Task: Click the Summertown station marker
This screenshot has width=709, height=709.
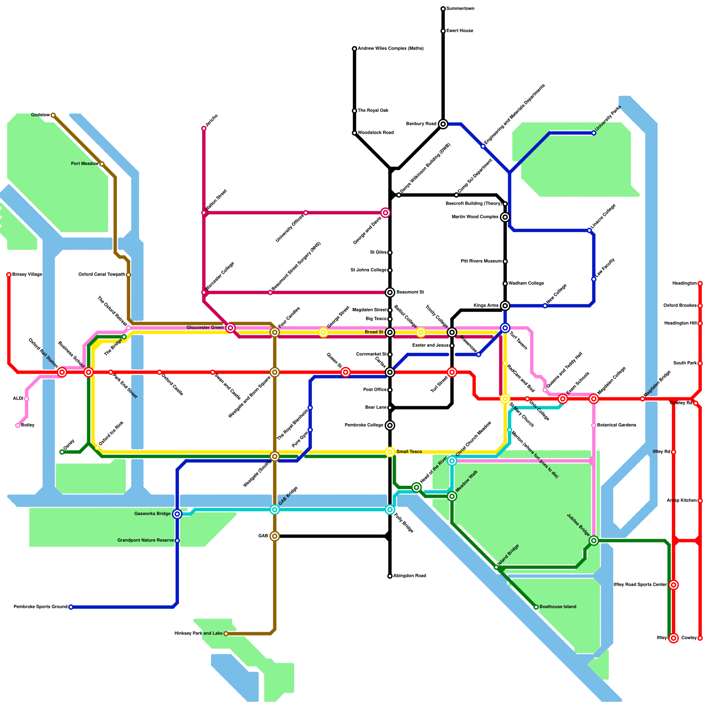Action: [x=443, y=9]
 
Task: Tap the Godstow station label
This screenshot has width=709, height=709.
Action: [x=40, y=115]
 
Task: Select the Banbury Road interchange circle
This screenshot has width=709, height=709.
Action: [x=443, y=124]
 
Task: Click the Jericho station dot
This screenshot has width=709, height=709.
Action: [x=204, y=129]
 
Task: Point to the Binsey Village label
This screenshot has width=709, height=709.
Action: [x=27, y=275]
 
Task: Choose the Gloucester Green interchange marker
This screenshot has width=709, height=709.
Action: [x=230, y=328]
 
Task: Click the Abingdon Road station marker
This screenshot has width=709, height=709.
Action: [x=390, y=576]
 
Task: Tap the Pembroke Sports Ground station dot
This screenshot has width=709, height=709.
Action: [x=71, y=607]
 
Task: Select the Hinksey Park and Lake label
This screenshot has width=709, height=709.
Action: [x=199, y=634]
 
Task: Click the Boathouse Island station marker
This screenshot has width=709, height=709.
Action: [x=536, y=607]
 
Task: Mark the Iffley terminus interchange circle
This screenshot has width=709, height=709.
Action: [x=674, y=638]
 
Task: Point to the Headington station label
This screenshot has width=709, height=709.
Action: [x=684, y=284]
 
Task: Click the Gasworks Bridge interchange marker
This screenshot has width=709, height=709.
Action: [x=177, y=514]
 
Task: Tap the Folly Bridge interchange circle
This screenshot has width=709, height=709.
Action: [x=390, y=510]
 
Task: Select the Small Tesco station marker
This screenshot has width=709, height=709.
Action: [x=390, y=452]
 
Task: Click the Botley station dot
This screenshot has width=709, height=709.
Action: [x=18, y=425]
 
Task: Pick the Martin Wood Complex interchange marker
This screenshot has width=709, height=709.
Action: [x=505, y=217]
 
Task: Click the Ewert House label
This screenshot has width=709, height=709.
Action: [x=460, y=31]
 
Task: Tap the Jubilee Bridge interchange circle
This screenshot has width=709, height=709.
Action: [x=594, y=541]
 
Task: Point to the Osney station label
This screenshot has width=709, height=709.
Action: [x=69, y=444]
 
